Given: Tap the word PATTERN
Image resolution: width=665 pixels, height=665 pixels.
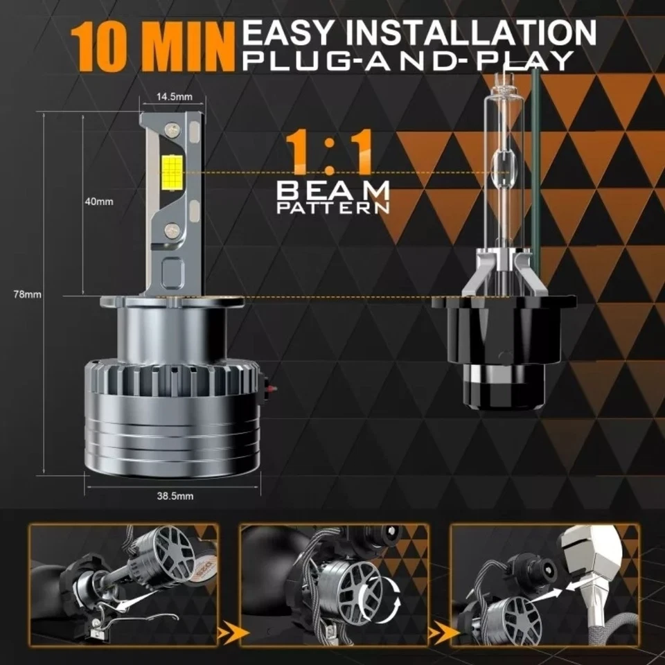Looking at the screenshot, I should pos(333,206).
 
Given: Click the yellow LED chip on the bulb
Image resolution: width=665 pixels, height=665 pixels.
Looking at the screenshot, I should pos(170,169).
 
